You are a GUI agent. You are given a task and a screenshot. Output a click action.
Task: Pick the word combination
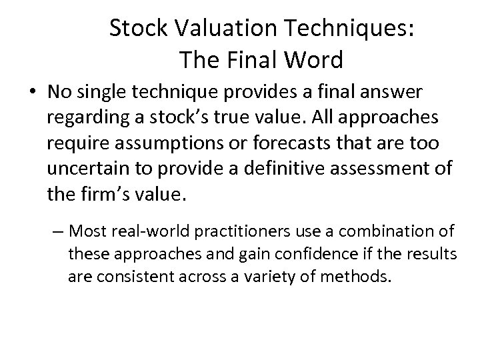pos(389,232)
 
